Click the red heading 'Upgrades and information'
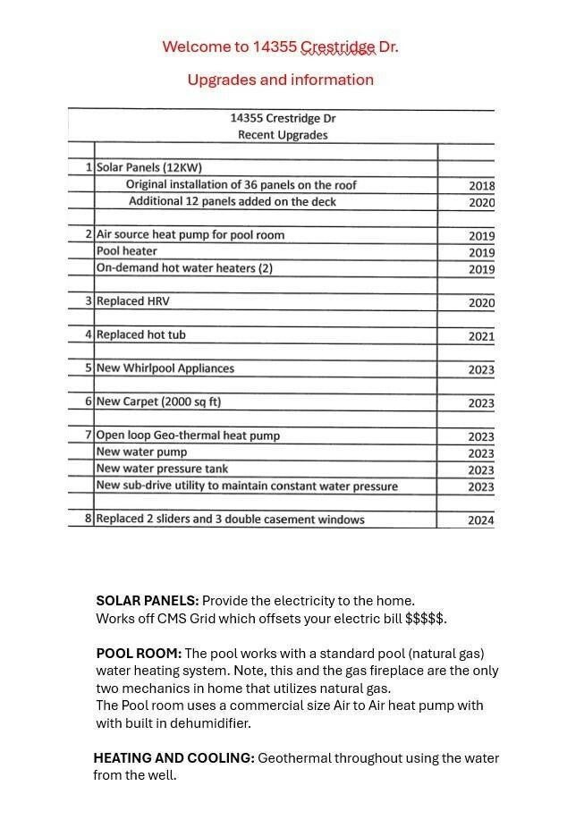pyautogui.click(x=280, y=80)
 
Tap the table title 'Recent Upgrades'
pyautogui.click(x=283, y=135)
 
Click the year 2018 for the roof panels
pyautogui.click(x=481, y=186)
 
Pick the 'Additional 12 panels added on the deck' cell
pyautogui.click(x=233, y=201)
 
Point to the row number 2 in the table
pyautogui.click(x=89, y=234)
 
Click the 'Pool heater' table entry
pyautogui.click(x=127, y=251)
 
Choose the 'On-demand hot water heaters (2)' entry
pyautogui.click(x=184, y=268)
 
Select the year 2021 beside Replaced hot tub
pyautogui.click(x=481, y=336)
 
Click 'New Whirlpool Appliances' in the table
pyautogui.click(x=165, y=368)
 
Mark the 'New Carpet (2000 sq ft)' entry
pyautogui.click(x=158, y=402)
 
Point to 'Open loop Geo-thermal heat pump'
pyautogui.click(x=188, y=435)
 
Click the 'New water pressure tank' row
pyautogui.click(x=162, y=469)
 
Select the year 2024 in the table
pyautogui.click(x=481, y=520)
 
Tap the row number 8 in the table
pyautogui.click(x=89, y=519)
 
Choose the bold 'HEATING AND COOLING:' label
pyautogui.click(x=173, y=758)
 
